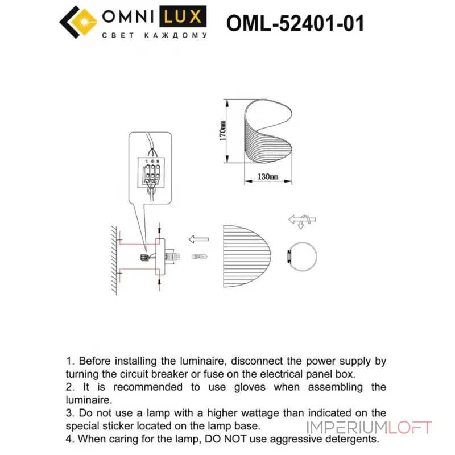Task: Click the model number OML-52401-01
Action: [295, 23]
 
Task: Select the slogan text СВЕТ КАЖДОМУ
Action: [154, 35]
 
